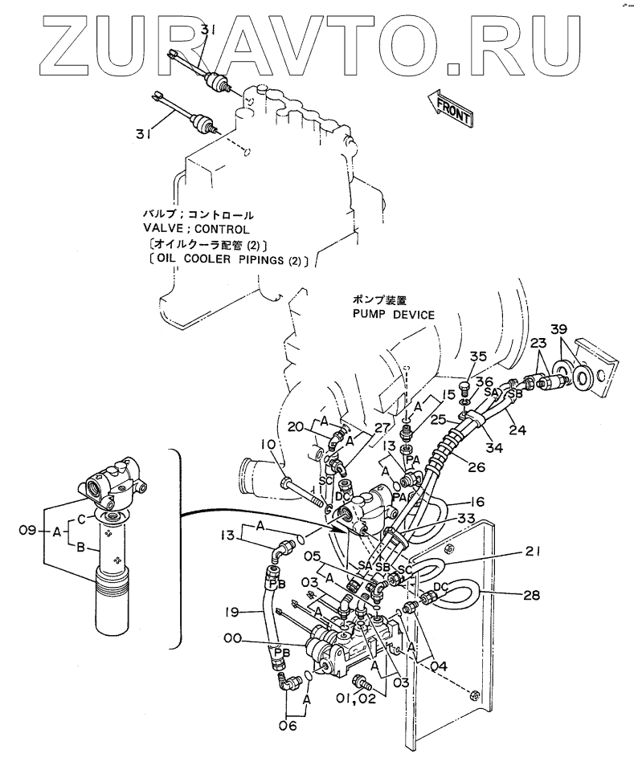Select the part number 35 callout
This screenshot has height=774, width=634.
(478, 357)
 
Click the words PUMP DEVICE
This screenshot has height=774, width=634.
(392, 314)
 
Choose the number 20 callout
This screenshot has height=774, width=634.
(294, 426)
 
